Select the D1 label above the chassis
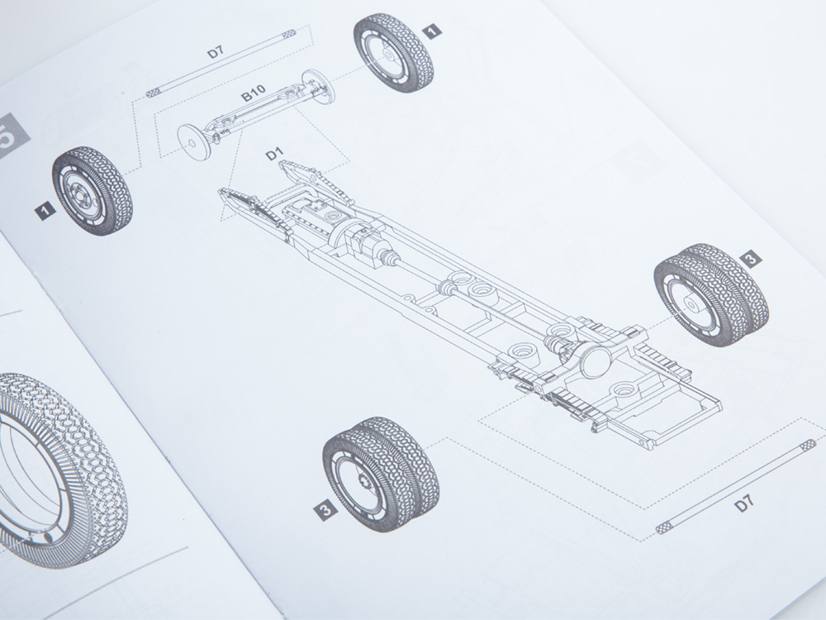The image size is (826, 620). click(x=274, y=154)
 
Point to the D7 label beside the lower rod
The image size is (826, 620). click(x=744, y=503)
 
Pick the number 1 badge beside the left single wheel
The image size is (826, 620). click(x=45, y=211)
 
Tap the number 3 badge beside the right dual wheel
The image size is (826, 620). click(x=751, y=258)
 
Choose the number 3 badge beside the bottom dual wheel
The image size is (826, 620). click(x=325, y=509)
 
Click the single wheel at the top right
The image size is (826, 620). click(x=393, y=52)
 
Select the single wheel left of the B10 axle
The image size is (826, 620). click(x=92, y=190)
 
